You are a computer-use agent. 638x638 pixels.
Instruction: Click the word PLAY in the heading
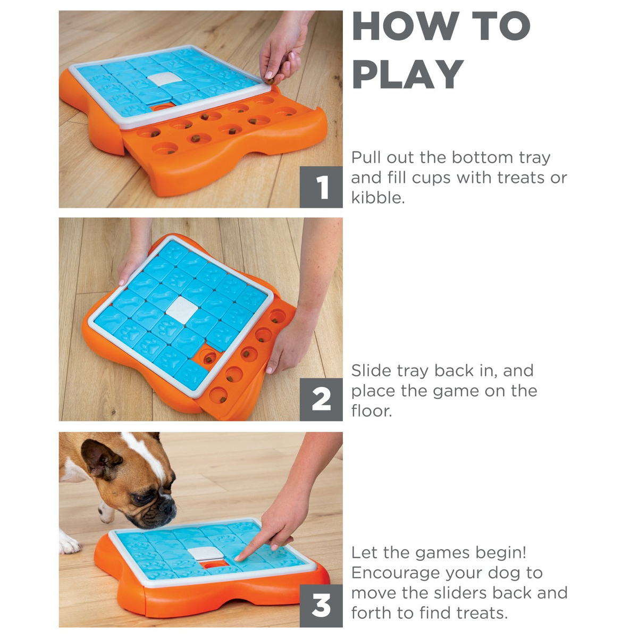408,74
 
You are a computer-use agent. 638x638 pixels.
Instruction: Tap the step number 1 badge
321,187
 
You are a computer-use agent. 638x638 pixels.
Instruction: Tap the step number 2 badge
321,399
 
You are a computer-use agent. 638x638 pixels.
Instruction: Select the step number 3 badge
321,606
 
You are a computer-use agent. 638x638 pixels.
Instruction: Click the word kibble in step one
378,198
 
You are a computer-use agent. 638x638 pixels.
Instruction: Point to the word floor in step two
372,410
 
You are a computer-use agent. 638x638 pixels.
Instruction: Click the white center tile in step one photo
164,79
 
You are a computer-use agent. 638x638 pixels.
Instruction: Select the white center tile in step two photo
182,310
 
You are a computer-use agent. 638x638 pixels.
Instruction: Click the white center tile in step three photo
205,553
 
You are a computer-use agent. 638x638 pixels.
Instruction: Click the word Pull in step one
366,157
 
